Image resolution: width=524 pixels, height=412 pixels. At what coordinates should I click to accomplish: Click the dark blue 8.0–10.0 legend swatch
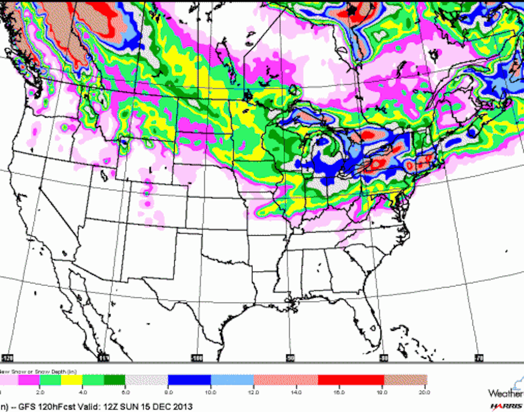(x=189, y=379)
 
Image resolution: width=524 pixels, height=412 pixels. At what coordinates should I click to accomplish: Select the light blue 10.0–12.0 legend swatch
(x=232, y=379)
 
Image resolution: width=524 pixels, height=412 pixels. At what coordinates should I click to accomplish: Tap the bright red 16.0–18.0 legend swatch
(x=351, y=379)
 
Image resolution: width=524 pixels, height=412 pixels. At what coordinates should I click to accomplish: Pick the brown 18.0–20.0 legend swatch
(x=405, y=379)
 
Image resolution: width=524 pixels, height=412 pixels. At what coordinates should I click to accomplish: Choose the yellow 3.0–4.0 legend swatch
(x=72, y=379)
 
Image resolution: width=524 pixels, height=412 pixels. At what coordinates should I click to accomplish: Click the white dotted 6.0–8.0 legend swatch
(x=146, y=379)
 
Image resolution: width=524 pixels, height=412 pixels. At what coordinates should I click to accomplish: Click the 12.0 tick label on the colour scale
(x=254, y=392)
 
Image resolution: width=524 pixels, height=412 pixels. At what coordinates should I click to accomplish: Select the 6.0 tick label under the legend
(x=125, y=392)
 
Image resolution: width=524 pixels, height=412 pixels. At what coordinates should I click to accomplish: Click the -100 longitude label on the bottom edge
(x=198, y=358)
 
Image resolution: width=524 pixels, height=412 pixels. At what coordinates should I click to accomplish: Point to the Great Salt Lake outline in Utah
(x=104, y=176)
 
